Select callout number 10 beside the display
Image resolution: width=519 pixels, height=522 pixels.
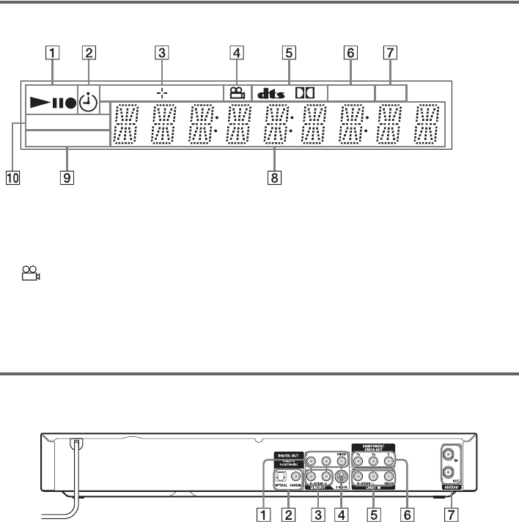tap(12, 177)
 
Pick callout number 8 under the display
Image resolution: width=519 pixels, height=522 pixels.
tap(275, 177)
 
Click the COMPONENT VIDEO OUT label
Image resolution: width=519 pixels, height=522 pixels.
tap(370, 446)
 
